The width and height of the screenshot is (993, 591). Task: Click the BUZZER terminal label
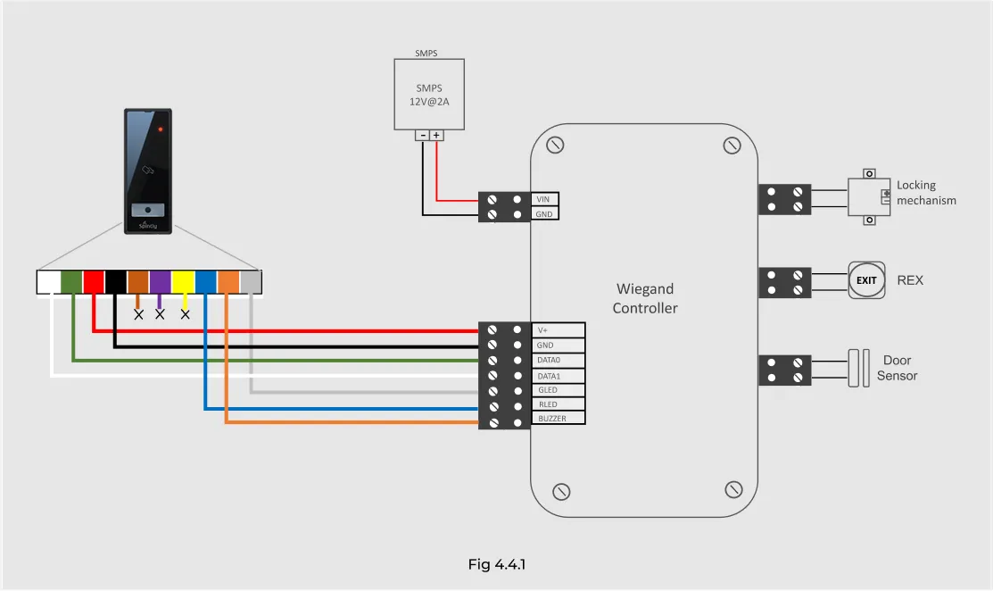pos(552,419)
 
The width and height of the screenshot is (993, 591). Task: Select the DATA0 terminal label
pos(549,361)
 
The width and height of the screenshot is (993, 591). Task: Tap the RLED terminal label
pos(548,404)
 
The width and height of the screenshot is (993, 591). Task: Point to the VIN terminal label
pos(543,200)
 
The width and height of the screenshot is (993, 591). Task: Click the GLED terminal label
pos(548,390)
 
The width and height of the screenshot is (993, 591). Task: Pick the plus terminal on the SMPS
pos(436,136)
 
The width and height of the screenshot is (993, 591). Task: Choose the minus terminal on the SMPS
pos(422,136)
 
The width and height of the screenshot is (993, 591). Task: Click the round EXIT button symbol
pos(866,280)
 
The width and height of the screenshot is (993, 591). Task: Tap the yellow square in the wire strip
pos(183,282)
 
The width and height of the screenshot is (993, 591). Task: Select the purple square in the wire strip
pos(161,282)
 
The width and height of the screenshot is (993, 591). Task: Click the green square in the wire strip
pos(71,282)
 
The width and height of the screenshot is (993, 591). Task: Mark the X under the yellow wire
pos(185,314)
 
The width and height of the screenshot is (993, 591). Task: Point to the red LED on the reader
pos(161,129)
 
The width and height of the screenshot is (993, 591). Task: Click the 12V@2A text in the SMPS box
pos(429,102)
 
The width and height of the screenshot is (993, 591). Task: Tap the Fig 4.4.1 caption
pos(496,564)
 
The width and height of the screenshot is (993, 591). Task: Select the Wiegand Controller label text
pos(645,298)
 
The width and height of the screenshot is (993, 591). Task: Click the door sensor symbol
pos(859,368)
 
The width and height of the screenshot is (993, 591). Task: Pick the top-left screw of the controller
pos(555,145)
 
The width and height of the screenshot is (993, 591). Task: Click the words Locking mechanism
pos(926,193)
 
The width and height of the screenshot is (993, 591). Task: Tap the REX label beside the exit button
pos(910,280)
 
